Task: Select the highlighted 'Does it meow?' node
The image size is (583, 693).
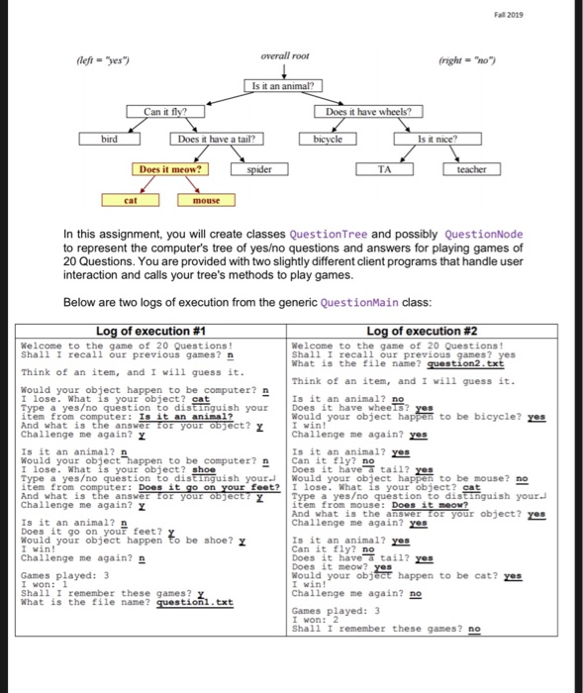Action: [171, 169]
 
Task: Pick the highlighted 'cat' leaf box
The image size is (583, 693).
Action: [131, 200]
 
